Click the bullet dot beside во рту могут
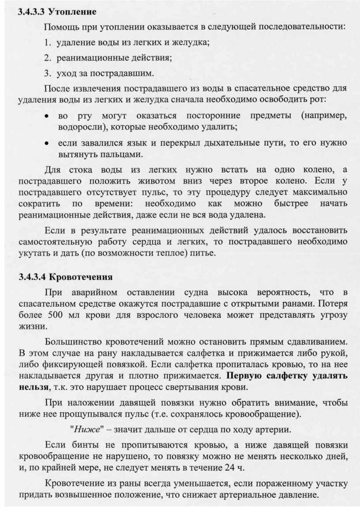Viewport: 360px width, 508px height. [x=46, y=116]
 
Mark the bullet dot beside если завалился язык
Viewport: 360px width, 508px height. [x=46, y=143]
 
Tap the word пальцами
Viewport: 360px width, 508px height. [x=122, y=154]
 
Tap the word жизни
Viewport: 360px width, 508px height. [x=31, y=327]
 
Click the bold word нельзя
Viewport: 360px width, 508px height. [x=32, y=388]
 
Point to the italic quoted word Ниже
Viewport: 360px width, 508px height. [x=87, y=429]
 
